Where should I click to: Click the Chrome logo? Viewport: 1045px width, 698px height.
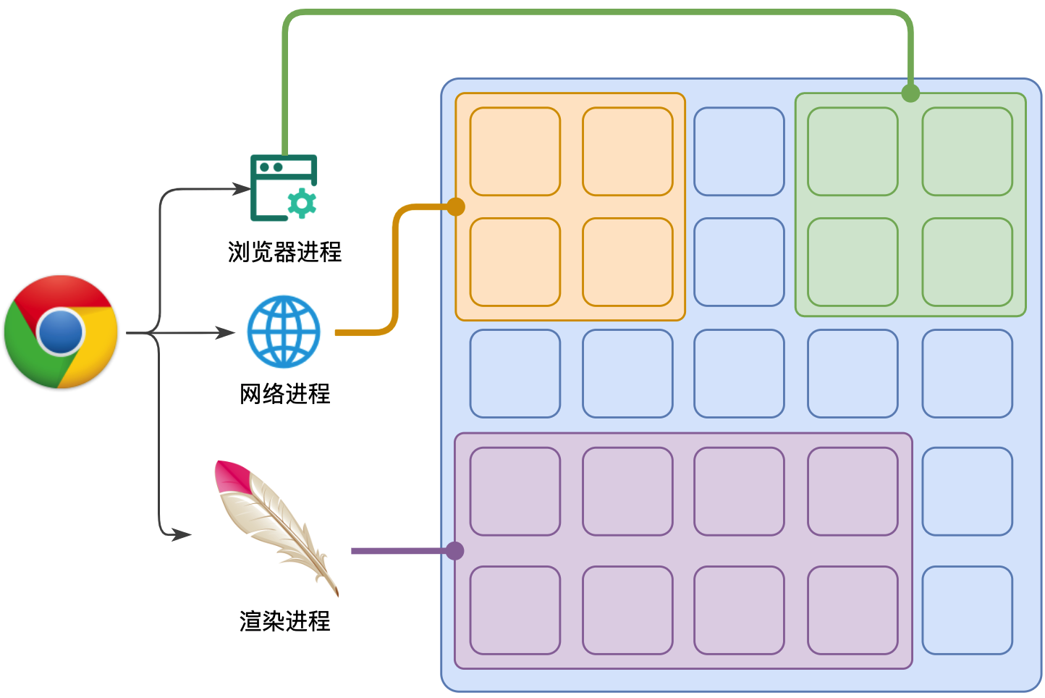[x=61, y=332]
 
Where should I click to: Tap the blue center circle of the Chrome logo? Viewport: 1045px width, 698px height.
[x=61, y=332]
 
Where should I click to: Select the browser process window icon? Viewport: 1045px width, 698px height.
[x=283, y=188]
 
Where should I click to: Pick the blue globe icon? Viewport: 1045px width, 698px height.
[x=284, y=331]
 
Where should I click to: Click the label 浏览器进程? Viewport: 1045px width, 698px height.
[x=284, y=252]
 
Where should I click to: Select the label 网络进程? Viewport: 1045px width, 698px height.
[x=284, y=394]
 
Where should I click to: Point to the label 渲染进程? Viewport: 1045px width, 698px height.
[x=284, y=621]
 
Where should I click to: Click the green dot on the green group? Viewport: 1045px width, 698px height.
[x=910, y=93]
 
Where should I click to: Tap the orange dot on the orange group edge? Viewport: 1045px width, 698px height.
[x=455, y=207]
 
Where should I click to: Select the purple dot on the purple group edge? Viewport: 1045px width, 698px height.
[x=454, y=551]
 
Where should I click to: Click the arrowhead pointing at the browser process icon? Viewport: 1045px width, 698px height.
[x=242, y=190]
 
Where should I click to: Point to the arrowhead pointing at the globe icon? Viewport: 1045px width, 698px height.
[x=227, y=333]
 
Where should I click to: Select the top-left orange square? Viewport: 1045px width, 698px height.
[x=515, y=151]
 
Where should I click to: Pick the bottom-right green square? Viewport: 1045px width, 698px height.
[x=967, y=262]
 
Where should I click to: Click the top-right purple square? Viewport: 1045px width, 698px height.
[x=852, y=492]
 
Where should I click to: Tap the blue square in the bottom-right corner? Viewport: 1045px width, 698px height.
[x=967, y=610]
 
